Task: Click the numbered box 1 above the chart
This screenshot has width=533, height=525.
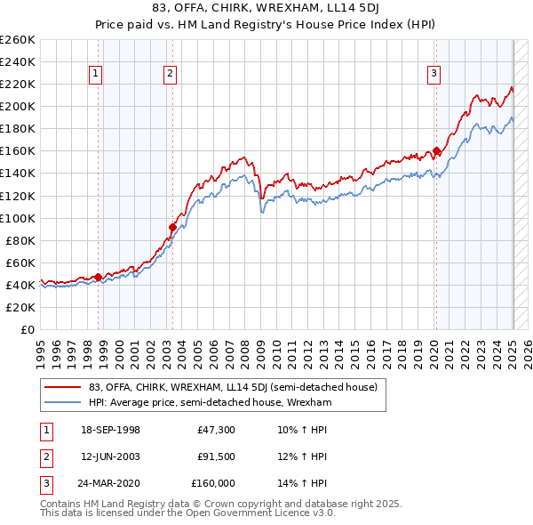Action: (x=95, y=75)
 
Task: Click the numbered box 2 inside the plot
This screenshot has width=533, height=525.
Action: (x=169, y=75)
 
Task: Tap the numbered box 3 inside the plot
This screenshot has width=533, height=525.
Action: (x=434, y=75)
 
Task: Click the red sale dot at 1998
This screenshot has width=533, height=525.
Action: (x=98, y=277)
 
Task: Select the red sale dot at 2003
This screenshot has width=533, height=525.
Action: (x=172, y=227)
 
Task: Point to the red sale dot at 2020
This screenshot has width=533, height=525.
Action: (x=436, y=150)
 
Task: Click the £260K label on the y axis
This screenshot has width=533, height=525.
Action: (x=17, y=40)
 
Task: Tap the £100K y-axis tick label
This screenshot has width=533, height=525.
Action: (x=17, y=218)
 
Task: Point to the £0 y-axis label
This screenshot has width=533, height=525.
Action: (x=26, y=329)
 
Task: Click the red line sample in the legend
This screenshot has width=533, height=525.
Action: (x=62, y=387)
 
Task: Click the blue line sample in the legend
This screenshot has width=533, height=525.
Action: (x=62, y=402)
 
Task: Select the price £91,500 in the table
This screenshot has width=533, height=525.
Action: (x=216, y=456)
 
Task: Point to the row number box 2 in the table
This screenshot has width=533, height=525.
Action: (x=45, y=456)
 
